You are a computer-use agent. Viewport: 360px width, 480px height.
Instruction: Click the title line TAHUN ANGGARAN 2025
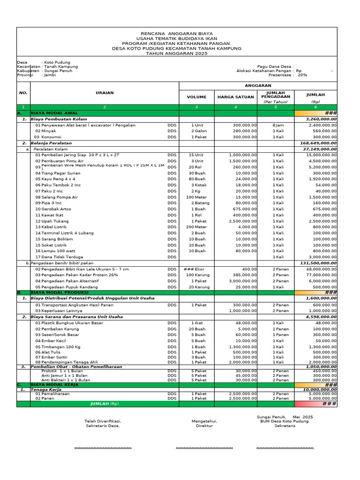[176, 53]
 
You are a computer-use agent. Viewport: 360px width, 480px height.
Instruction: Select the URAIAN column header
[105, 93]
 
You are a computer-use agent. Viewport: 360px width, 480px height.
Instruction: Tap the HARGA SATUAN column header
[235, 97]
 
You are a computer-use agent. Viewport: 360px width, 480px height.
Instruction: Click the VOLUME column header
[196, 97]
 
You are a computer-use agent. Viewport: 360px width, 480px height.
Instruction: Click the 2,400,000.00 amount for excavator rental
[322, 125]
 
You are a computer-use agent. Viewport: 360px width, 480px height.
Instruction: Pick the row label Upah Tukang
[52, 221]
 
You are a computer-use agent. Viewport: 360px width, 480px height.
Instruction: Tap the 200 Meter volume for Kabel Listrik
[196, 227]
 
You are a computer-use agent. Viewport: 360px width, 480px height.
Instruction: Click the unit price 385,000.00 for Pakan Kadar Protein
[244, 275]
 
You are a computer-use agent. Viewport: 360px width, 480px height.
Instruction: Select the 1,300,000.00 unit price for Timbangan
[243, 346]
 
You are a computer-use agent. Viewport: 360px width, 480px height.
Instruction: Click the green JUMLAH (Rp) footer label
[105, 404]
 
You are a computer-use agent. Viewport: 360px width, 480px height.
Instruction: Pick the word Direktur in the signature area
[204, 426]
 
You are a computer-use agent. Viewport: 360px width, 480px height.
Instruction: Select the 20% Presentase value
[302, 75]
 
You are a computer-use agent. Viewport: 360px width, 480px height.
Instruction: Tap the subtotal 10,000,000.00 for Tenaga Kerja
[320, 389]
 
